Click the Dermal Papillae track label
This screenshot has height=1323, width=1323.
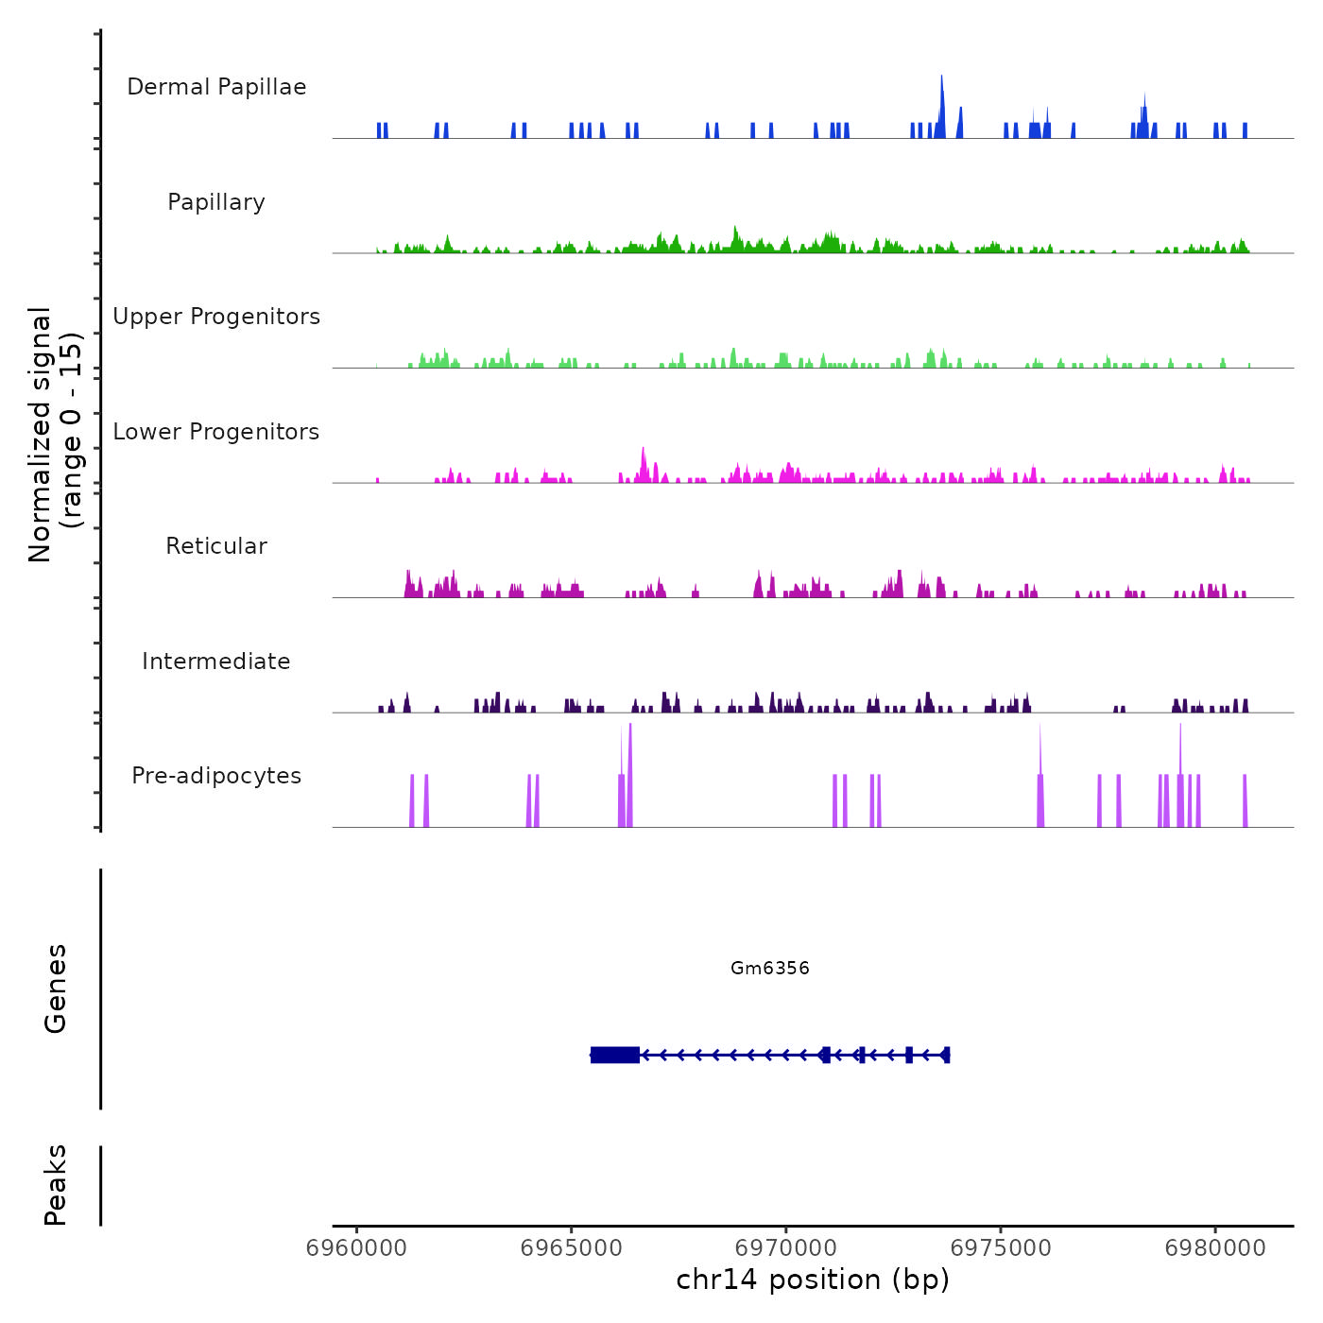click(216, 87)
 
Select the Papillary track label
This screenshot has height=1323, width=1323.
click(216, 202)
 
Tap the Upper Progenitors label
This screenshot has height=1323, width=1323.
click(216, 317)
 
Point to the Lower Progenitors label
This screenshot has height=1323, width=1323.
click(216, 432)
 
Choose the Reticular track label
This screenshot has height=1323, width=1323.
click(216, 546)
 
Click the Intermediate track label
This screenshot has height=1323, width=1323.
click(216, 661)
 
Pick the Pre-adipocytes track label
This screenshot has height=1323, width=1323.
click(216, 776)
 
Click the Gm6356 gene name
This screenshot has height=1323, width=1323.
click(770, 968)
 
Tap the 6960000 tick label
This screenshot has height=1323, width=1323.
click(357, 1248)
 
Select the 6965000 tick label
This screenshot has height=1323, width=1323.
click(572, 1248)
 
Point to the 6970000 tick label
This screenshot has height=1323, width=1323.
click(786, 1248)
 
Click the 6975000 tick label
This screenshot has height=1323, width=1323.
click(1001, 1248)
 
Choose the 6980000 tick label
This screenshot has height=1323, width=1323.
click(1215, 1248)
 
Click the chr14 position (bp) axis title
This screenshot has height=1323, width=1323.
click(813, 1280)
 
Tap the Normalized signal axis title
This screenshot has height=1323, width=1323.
click(55, 434)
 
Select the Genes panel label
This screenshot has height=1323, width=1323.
click(56, 988)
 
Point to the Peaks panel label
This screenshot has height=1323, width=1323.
click(56, 1185)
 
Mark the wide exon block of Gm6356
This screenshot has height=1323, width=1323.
click(615, 1055)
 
